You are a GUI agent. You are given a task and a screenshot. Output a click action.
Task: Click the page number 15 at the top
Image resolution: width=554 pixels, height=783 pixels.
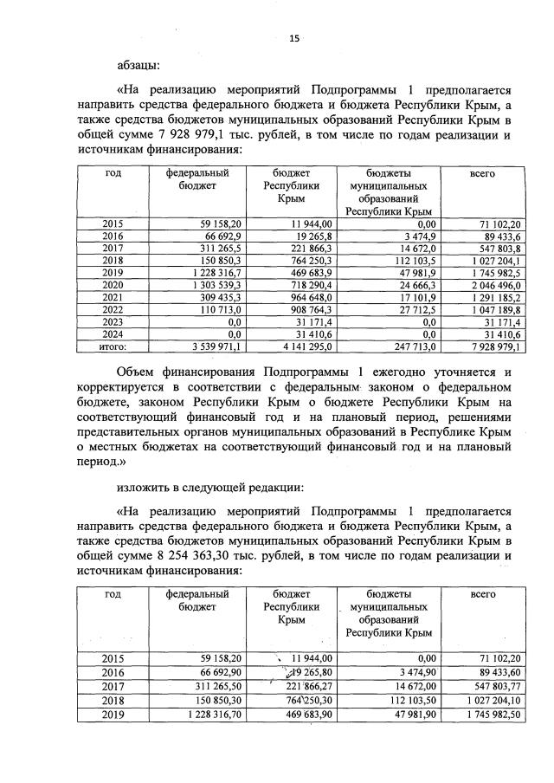[x=294, y=37]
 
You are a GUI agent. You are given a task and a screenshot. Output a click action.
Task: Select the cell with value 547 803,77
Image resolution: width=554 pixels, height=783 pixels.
[x=491, y=683]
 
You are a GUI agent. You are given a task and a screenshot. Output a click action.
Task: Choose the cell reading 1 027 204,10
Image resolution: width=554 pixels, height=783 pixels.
[x=489, y=699]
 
